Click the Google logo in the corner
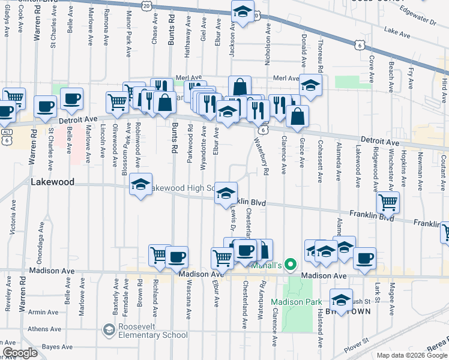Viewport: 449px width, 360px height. (x=20, y=353)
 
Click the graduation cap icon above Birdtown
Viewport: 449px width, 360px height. (x=341, y=300)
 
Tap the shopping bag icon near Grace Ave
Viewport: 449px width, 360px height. (x=297, y=116)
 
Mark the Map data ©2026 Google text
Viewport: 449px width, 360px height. (x=412, y=355)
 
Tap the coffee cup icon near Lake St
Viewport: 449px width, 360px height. (x=364, y=258)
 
